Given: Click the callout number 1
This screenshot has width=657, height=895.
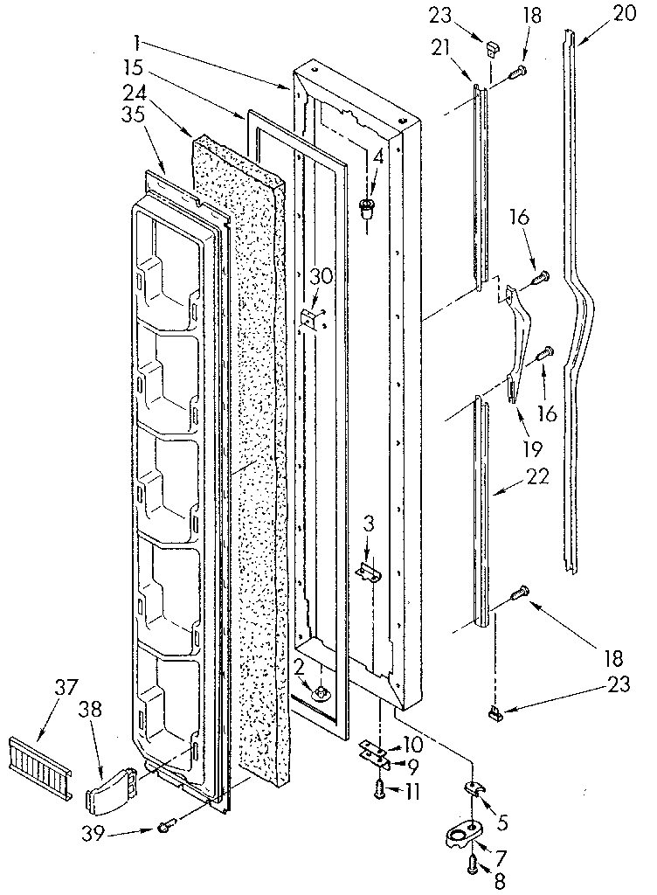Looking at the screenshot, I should [138, 41].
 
